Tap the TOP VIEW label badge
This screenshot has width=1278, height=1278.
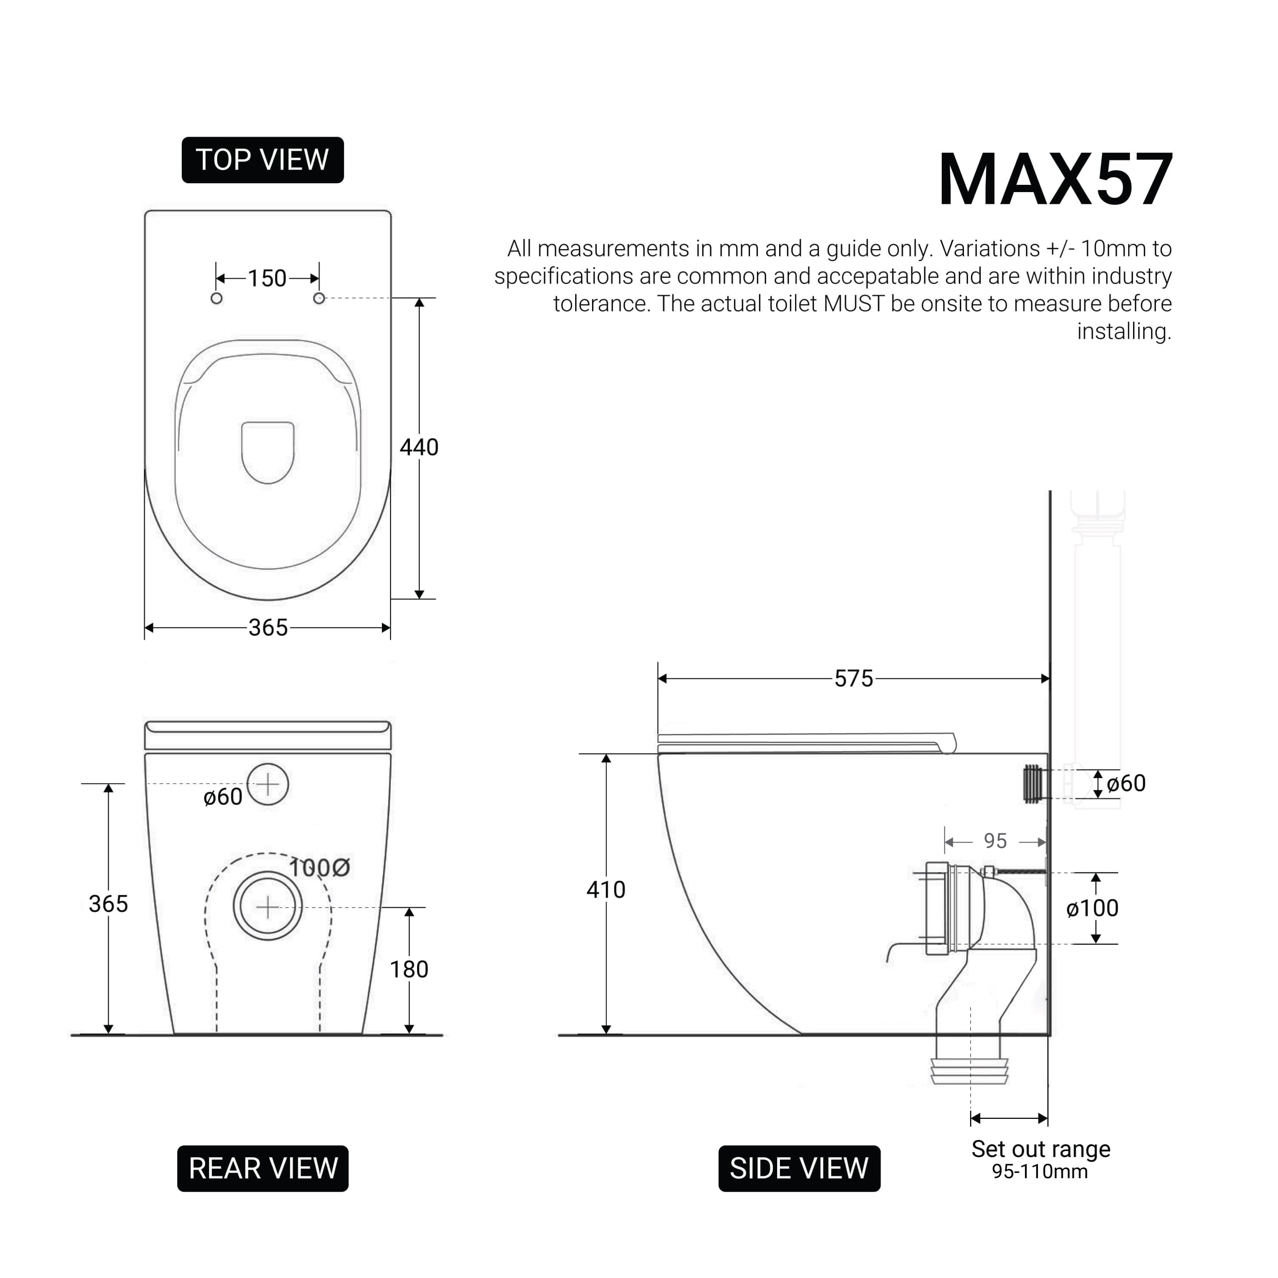(x=263, y=160)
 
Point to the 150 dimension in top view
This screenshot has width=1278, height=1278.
(x=267, y=278)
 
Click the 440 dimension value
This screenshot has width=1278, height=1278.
(x=419, y=448)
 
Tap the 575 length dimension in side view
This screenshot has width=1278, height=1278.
(x=853, y=679)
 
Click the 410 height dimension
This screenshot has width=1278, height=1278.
(x=606, y=890)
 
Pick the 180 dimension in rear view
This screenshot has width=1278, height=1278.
(x=409, y=970)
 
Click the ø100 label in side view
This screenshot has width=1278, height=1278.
(x=1092, y=908)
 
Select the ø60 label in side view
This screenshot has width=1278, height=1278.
(x=1126, y=783)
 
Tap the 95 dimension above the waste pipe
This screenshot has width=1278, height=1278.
(x=995, y=841)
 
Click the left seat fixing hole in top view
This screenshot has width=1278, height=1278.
(x=216, y=298)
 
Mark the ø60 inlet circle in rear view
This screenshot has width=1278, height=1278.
(x=268, y=785)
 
